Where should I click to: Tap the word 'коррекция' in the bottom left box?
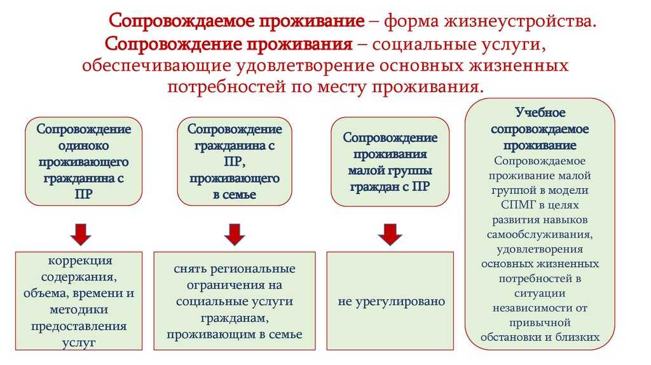(x=80, y=261)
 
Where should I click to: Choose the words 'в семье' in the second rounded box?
(x=235, y=195)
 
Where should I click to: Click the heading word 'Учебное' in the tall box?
(x=540, y=113)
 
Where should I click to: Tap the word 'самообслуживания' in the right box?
(x=540, y=234)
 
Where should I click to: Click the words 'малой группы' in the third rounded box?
(x=390, y=170)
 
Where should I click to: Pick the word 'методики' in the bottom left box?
(x=80, y=310)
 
